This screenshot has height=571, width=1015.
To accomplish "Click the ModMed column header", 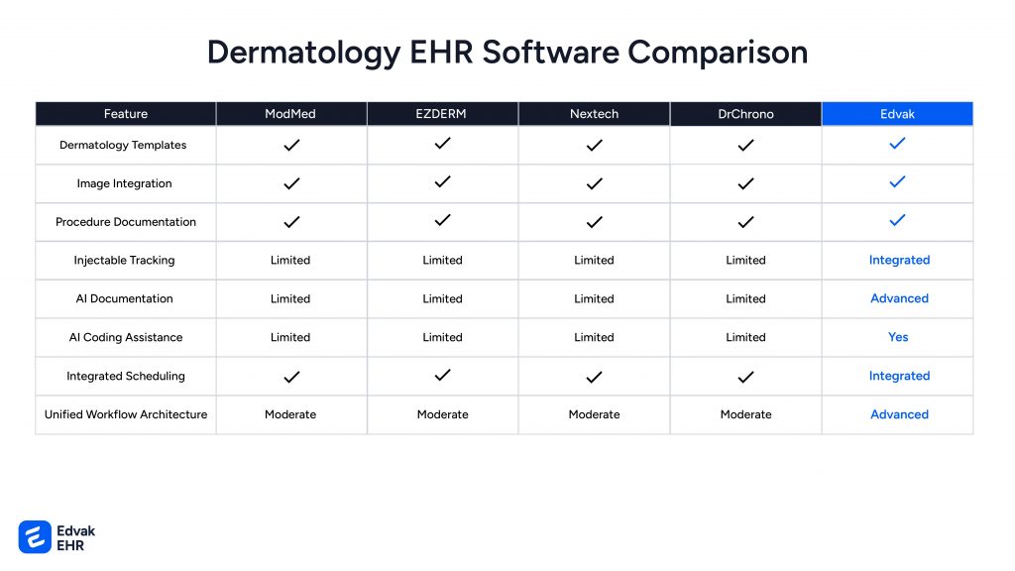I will pos(290,114).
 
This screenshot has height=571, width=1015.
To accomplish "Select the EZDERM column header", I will pos(442,114).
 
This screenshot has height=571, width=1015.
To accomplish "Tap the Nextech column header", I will pos(594,114).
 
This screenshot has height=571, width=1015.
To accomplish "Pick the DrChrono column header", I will pos(745,114).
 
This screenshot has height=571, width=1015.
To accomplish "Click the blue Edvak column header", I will pos(897,114).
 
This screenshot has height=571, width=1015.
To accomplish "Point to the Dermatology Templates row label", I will pos(123,145).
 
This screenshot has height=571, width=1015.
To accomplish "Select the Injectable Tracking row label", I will pos(124,260).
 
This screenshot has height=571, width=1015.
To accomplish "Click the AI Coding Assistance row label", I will pos(126,337).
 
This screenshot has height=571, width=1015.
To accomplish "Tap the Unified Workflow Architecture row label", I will pos(126,414).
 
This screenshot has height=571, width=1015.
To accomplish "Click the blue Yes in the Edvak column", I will pos(898,337).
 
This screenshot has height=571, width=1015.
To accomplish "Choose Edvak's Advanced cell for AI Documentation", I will pos(899,298).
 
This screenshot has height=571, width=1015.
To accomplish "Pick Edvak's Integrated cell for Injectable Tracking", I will pos(899,260).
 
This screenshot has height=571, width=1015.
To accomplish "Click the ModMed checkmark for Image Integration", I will pos(291,183).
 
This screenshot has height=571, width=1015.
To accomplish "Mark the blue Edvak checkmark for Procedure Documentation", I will pos(898,220).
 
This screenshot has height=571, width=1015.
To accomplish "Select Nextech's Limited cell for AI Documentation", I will pos(594,298).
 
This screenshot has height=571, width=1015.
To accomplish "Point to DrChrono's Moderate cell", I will pos(745,414).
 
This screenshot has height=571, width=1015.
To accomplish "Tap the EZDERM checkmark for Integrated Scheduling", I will pos(443,375).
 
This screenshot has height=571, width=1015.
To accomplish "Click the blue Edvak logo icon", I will pos(35,536).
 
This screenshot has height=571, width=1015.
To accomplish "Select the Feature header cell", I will pos(126,114).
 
